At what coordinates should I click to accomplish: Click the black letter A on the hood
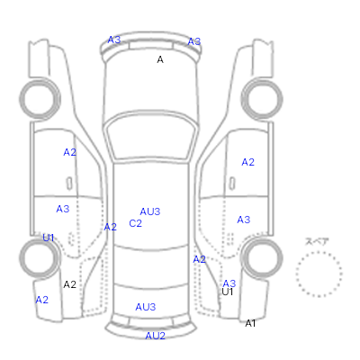point(160,59)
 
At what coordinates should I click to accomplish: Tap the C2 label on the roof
point(135,223)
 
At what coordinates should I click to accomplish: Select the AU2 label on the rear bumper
point(156,336)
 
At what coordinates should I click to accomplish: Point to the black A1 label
point(250,323)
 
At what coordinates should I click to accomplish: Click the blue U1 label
point(49,238)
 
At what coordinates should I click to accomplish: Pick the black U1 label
point(228,292)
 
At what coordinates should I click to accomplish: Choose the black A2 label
point(69,284)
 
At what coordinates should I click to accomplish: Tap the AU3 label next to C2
point(150,211)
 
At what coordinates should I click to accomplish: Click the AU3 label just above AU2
point(146,307)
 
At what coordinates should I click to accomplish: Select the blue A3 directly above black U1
point(229,283)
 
